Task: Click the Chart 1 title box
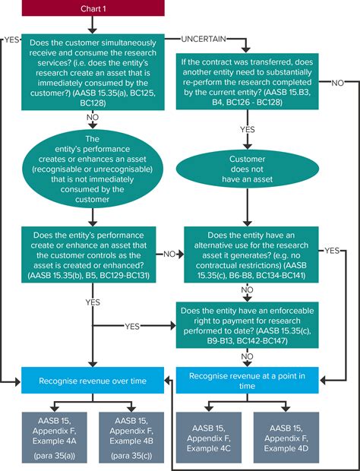tap(93, 8)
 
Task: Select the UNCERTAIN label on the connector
tap(204, 39)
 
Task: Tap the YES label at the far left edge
tap(11, 40)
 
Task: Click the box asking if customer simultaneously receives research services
tap(93, 72)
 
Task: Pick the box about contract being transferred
tap(247, 81)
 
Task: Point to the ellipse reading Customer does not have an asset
tap(247, 169)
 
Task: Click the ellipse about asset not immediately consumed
tap(93, 169)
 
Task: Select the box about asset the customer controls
tap(89, 254)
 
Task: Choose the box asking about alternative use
tap(251, 254)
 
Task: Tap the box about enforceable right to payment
tap(247, 325)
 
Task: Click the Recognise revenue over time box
tap(93, 381)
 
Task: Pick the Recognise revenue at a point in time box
tap(247, 381)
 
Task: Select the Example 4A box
tap(55, 438)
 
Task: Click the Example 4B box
tap(131, 438)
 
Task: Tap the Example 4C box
tap(209, 438)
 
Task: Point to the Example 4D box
tap(286, 438)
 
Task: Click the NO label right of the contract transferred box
tap(337, 83)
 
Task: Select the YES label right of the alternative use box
tap(332, 251)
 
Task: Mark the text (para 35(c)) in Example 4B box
tap(131, 456)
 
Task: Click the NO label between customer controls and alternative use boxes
tap(169, 254)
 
